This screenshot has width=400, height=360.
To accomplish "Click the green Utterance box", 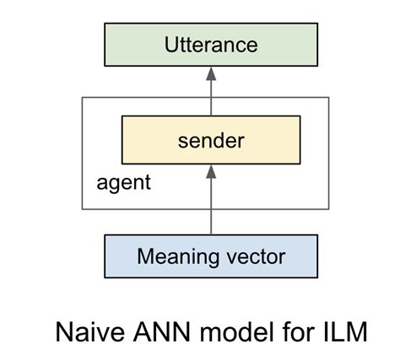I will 210,44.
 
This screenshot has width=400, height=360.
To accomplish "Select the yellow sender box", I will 210,140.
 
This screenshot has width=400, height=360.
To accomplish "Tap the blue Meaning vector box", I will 210,255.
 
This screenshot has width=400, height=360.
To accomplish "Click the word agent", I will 123,182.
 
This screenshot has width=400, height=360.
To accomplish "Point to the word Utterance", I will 210,44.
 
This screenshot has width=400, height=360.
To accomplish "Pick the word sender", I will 210,140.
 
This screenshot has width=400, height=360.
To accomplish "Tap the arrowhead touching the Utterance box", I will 210,73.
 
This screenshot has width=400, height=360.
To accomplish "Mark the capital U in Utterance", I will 171,44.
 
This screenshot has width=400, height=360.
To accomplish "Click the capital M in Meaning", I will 144,255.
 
